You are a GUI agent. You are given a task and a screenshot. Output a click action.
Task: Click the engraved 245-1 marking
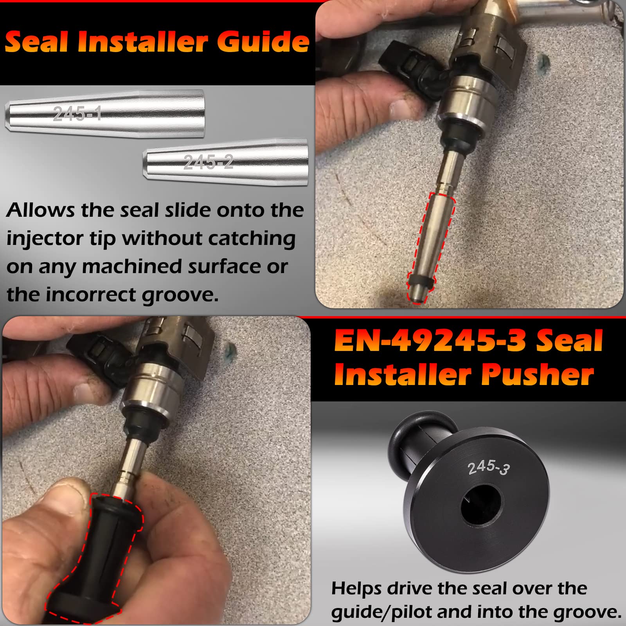click(77, 114)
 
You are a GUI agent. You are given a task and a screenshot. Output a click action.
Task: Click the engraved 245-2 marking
click(209, 162)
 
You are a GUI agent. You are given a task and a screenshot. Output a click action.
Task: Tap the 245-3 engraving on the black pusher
click(488, 467)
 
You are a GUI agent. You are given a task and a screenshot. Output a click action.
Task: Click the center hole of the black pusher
click(480, 505)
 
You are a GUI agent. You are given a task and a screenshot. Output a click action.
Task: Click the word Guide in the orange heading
click(263, 42)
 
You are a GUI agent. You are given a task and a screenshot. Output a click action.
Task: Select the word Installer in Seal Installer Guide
click(142, 42)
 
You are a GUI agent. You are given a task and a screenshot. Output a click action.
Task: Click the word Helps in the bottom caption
click(356, 588)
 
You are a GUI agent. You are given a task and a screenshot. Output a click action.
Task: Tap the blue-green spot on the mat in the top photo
click(543, 62)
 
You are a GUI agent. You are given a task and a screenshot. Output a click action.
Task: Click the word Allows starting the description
click(40, 210)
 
